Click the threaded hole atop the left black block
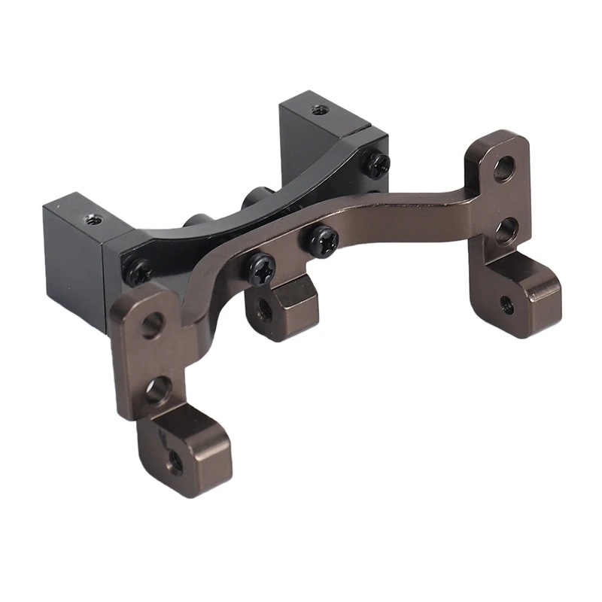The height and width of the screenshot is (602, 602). pyautogui.click(x=93, y=220)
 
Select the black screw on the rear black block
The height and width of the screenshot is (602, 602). pyautogui.click(x=375, y=163)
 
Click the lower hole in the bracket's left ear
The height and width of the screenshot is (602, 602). pyautogui.click(x=158, y=391)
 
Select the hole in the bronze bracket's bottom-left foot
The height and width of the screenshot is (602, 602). pyautogui.click(x=175, y=460)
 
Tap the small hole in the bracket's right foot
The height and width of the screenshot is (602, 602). pyautogui.click(x=508, y=304)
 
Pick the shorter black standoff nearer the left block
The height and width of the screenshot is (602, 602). pyautogui.click(x=194, y=221)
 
